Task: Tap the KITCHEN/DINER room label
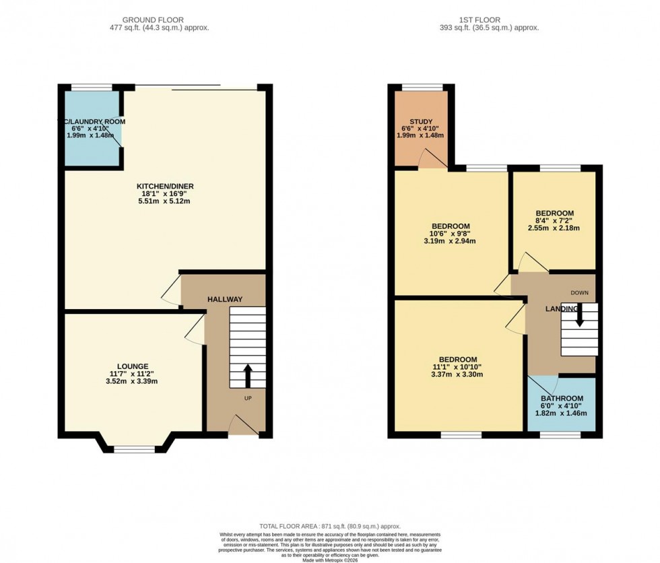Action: (x=160, y=186)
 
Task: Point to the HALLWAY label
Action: (x=224, y=299)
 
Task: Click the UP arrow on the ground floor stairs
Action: (x=247, y=375)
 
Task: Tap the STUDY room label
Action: (x=421, y=122)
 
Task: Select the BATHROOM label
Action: (x=562, y=399)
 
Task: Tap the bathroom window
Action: (x=560, y=435)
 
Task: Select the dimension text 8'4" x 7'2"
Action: (x=554, y=220)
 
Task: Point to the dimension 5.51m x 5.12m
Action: (x=160, y=201)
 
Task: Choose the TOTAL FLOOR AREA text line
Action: (x=329, y=526)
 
